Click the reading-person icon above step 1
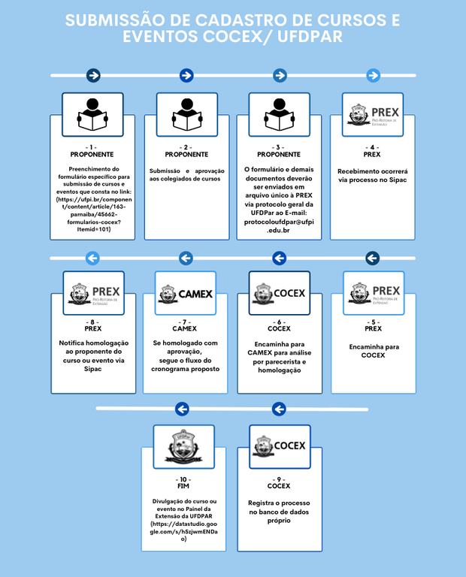pos(93,114)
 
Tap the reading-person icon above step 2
pos(186,114)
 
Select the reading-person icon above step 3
pos(280,114)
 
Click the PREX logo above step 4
pos(372,114)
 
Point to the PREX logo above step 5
pos(372,293)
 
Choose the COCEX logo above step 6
pos(280,293)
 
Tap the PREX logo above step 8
pos(93,293)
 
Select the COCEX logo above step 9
pos(280,446)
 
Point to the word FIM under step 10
pos(183,486)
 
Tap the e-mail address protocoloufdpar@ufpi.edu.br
pos(279,226)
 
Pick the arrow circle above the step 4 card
pos(372,75)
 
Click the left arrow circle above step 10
pos(182,409)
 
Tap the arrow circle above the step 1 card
pos(93,75)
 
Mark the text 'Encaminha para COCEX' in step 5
pos(372,351)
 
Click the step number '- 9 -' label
pos(278,479)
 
